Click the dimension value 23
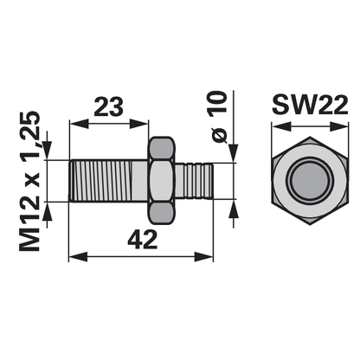tap(109, 106)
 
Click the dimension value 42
tap(143, 240)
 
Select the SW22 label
tap(310, 105)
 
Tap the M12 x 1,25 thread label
tap(29, 181)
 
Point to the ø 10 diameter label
tap(218, 117)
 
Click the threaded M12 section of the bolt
tap(102, 181)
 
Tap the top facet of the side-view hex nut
tap(162, 149)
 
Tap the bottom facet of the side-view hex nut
tap(162, 213)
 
